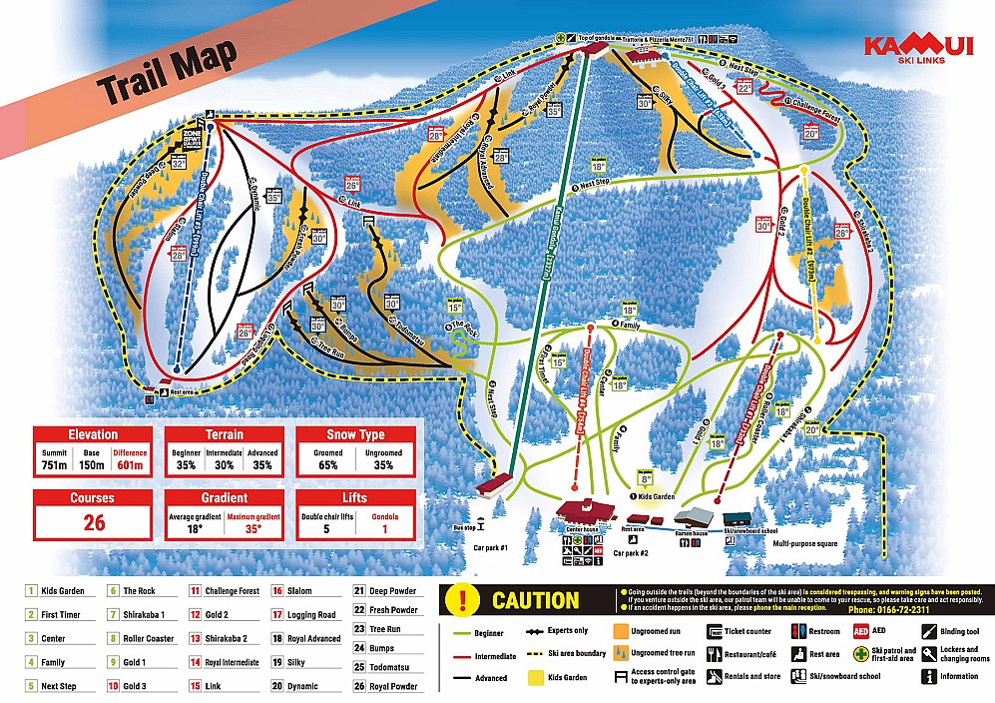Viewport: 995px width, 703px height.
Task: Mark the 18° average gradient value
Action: (195, 528)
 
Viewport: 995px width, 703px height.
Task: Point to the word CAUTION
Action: (535, 600)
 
